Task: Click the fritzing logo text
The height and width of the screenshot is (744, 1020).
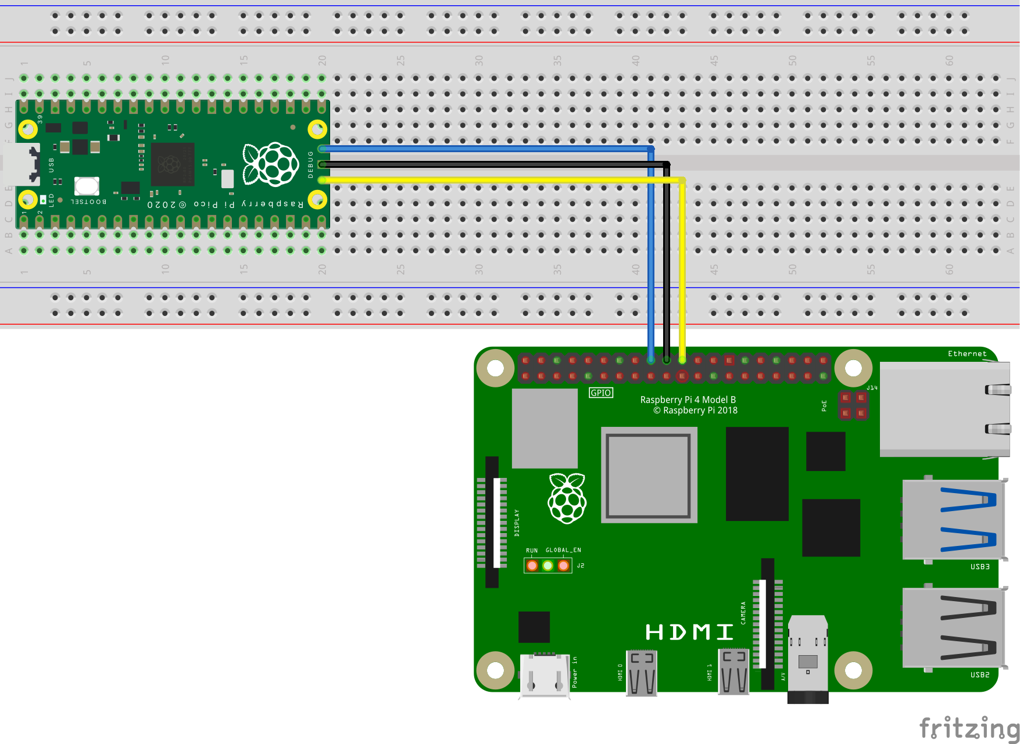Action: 968,728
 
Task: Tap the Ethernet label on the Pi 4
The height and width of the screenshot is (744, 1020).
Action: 967,354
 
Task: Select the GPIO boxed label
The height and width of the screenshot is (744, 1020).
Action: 600,393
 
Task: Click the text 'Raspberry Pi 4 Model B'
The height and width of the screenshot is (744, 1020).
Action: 688,400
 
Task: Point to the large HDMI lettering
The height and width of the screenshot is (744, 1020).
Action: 689,632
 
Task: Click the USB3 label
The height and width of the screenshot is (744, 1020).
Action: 979,566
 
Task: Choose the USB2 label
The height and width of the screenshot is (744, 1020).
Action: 979,674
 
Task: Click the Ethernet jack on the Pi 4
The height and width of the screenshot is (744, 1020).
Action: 944,409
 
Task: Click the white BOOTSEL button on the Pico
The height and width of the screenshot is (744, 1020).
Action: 87,186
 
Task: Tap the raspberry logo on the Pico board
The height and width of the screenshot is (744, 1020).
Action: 270,164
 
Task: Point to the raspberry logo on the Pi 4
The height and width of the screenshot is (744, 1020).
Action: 567,498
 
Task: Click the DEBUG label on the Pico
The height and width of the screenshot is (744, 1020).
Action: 310,164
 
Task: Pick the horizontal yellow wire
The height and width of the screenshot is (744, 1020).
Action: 500,180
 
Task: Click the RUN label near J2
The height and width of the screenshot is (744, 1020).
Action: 531,550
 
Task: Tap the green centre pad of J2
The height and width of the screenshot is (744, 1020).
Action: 547,565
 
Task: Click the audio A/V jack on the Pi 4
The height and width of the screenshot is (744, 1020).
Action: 807,659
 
